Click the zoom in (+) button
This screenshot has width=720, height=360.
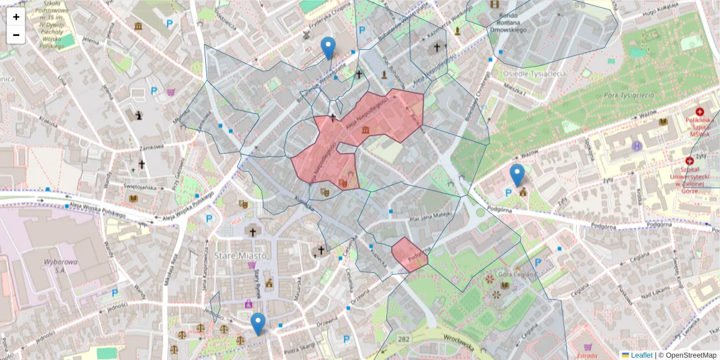pos(16,17)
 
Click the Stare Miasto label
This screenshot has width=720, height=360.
pos(240,256)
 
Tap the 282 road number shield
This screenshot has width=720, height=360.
pos(403,340)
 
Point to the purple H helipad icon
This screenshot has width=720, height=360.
pos(637,146)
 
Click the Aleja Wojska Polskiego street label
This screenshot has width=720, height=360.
pos(96,210)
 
